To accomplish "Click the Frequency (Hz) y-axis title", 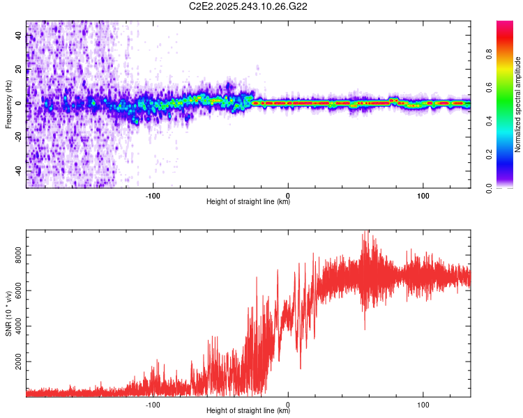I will tap(8, 104).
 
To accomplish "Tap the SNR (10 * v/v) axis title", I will tap(8, 313).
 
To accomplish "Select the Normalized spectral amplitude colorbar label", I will tap(518, 104).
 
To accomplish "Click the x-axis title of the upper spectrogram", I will tap(248, 202).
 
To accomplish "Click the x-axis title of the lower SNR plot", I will tap(248, 411).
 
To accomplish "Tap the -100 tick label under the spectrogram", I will tap(153, 194).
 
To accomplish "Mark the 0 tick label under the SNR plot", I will tap(289, 403).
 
